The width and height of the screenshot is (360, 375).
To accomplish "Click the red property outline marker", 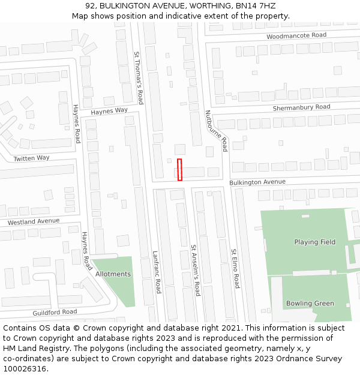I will tap(179, 169).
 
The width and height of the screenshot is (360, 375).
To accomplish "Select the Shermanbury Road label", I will tap(301, 107).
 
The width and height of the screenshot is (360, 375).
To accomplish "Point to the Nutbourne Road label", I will tap(217, 130).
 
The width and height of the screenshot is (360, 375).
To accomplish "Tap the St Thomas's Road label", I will tap(139, 77).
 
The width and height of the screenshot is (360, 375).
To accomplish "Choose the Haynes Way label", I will tap(109, 111).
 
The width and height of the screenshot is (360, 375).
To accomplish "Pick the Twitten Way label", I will tap(31, 158).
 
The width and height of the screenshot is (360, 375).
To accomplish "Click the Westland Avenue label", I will tap(34, 221).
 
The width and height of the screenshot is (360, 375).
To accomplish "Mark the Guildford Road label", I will tap(55, 312).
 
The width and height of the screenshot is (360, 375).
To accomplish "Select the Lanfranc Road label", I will tap(157, 272).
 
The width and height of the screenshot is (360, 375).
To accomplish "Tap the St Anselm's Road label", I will tap(195, 270).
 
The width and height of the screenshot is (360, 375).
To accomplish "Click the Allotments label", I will tap(113, 274).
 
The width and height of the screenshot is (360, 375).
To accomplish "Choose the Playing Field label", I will tap(314, 242).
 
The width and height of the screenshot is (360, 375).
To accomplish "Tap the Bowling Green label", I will tap(310, 304).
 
